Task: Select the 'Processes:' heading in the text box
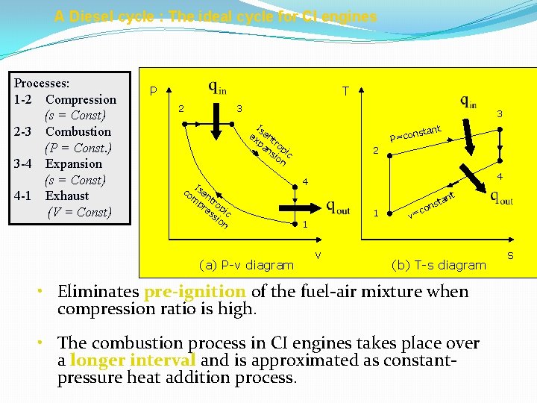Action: coord(42,83)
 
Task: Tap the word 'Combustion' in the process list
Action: coord(78,131)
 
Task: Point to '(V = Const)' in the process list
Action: coord(79,212)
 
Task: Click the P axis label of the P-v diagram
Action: coord(154,91)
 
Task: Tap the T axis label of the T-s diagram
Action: coord(345,91)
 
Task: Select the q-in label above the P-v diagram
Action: coord(218,87)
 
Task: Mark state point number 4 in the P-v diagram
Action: coord(305,182)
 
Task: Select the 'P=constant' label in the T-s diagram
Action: coord(416,134)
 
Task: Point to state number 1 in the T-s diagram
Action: coord(376,213)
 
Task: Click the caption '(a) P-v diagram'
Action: coord(246,265)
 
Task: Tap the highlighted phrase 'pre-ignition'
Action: coord(195,292)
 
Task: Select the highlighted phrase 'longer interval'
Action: coord(133,360)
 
